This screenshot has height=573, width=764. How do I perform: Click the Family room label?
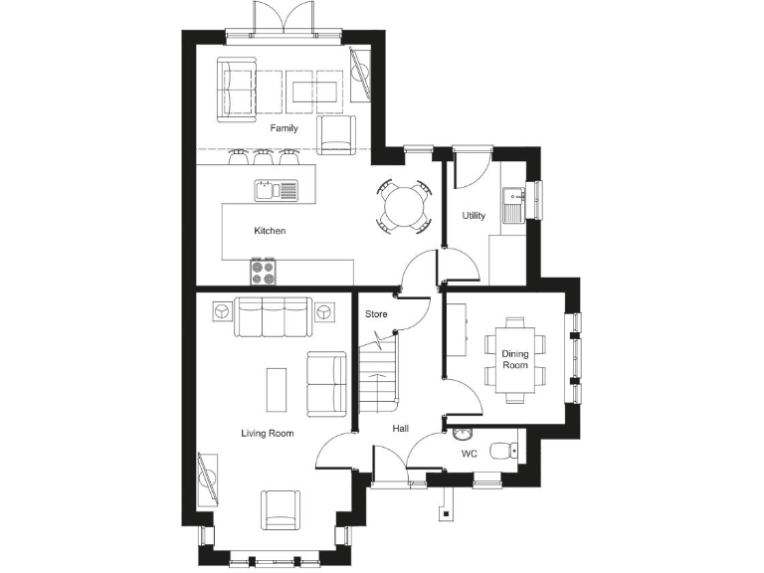[284, 128]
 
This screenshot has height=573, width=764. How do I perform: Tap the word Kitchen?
[270, 231]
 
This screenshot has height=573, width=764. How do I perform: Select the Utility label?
[474, 216]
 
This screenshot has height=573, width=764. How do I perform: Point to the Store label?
[376, 314]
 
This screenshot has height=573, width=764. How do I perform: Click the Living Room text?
[268, 433]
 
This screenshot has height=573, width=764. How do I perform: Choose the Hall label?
[400, 428]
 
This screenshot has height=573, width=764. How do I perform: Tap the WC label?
[470, 454]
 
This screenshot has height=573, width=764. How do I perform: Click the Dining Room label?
[514, 360]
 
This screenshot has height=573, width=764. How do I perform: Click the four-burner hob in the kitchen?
[263, 270]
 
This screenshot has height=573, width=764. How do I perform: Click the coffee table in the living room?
[278, 389]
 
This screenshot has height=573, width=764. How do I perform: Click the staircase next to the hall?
[377, 376]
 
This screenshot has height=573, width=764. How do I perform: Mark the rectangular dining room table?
[514, 360]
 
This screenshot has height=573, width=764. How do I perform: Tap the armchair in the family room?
[337, 134]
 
